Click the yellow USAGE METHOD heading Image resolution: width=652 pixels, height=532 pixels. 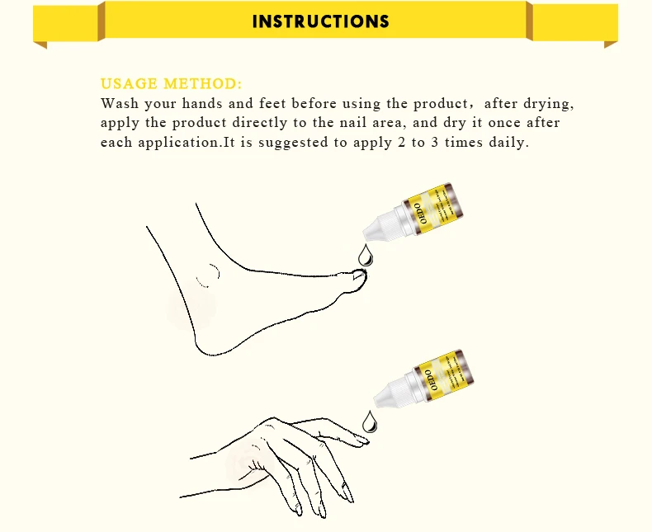click(x=171, y=84)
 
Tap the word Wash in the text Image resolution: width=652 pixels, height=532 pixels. click(x=120, y=104)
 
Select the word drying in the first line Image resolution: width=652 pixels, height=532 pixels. click(x=548, y=104)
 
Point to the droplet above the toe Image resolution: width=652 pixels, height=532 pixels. click(x=365, y=255)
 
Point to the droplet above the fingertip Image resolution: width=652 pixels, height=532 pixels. click(x=369, y=421)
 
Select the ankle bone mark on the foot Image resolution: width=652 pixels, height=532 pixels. click(x=208, y=275)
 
